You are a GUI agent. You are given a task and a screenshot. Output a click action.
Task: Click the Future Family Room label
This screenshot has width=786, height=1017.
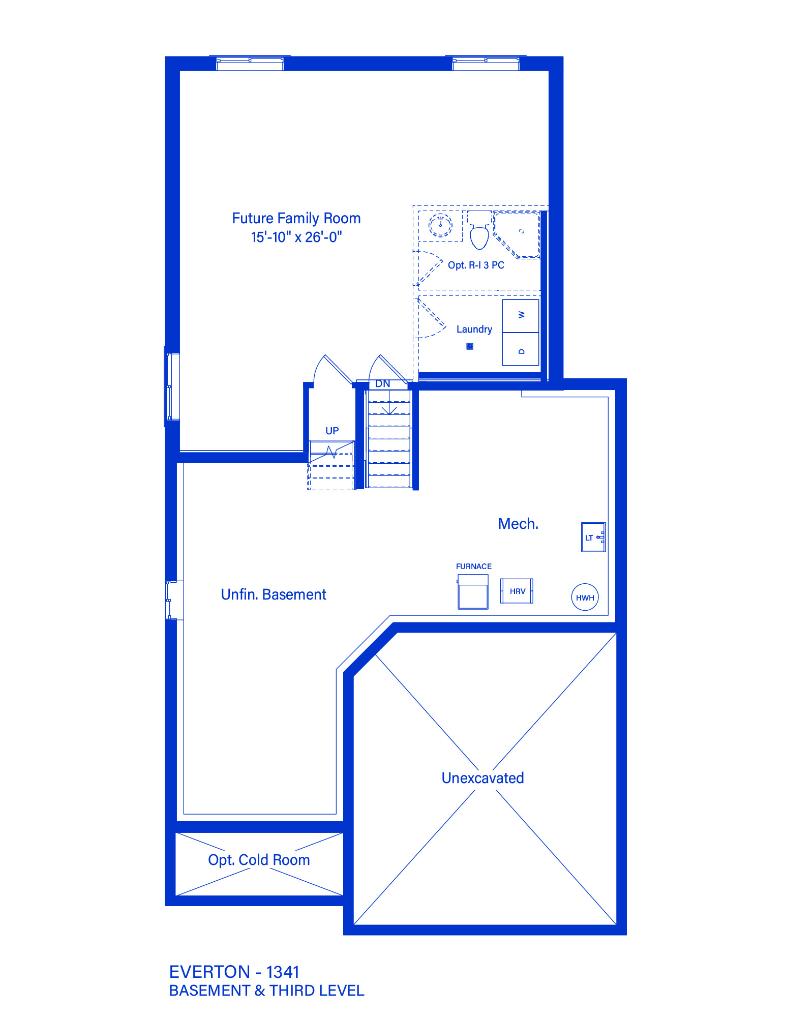click(x=296, y=219)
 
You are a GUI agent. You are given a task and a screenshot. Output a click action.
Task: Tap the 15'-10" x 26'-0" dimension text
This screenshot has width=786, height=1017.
click(x=296, y=237)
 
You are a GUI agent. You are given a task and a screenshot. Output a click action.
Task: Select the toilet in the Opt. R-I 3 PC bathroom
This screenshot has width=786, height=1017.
click(x=479, y=230)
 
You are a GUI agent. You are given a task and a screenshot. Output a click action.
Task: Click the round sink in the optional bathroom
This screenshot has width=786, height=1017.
click(x=440, y=225)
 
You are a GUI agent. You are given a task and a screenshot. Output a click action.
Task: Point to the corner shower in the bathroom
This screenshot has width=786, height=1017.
click(x=517, y=234)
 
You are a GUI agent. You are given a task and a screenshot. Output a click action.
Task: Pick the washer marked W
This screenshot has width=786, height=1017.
click(x=521, y=316)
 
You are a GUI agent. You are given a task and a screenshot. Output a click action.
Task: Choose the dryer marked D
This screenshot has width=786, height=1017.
click(x=521, y=349)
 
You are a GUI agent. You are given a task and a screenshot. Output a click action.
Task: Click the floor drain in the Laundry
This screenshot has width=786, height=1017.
click(x=470, y=346)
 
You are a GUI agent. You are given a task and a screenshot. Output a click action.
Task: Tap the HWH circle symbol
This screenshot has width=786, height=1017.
click(x=585, y=597)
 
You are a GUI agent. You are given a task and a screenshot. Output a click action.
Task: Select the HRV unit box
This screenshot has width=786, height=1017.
click(x=517, y=591)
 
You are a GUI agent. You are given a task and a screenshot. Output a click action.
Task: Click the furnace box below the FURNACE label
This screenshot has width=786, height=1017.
click(x=473, y=592)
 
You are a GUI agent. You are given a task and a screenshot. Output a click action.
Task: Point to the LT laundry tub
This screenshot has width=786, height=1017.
click(x=593, y=537)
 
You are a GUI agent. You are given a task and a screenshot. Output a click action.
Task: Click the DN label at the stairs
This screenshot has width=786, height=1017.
click(x=383, y=384)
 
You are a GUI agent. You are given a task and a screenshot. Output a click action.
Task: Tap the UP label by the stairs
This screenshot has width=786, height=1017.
click(x=332, y=431)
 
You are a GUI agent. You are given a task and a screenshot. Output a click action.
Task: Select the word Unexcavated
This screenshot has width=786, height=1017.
click(x=483, y=778)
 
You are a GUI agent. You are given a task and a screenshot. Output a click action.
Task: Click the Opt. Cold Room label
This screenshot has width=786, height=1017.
click(x=259, y=860)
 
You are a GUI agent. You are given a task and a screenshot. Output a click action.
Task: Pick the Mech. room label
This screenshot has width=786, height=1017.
click(x=518, y=524)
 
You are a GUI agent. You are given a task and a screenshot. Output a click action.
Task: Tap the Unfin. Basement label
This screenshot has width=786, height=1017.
click(x=274, y=594)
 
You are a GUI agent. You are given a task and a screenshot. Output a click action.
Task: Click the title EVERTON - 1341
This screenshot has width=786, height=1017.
click(x=234, y=972)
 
